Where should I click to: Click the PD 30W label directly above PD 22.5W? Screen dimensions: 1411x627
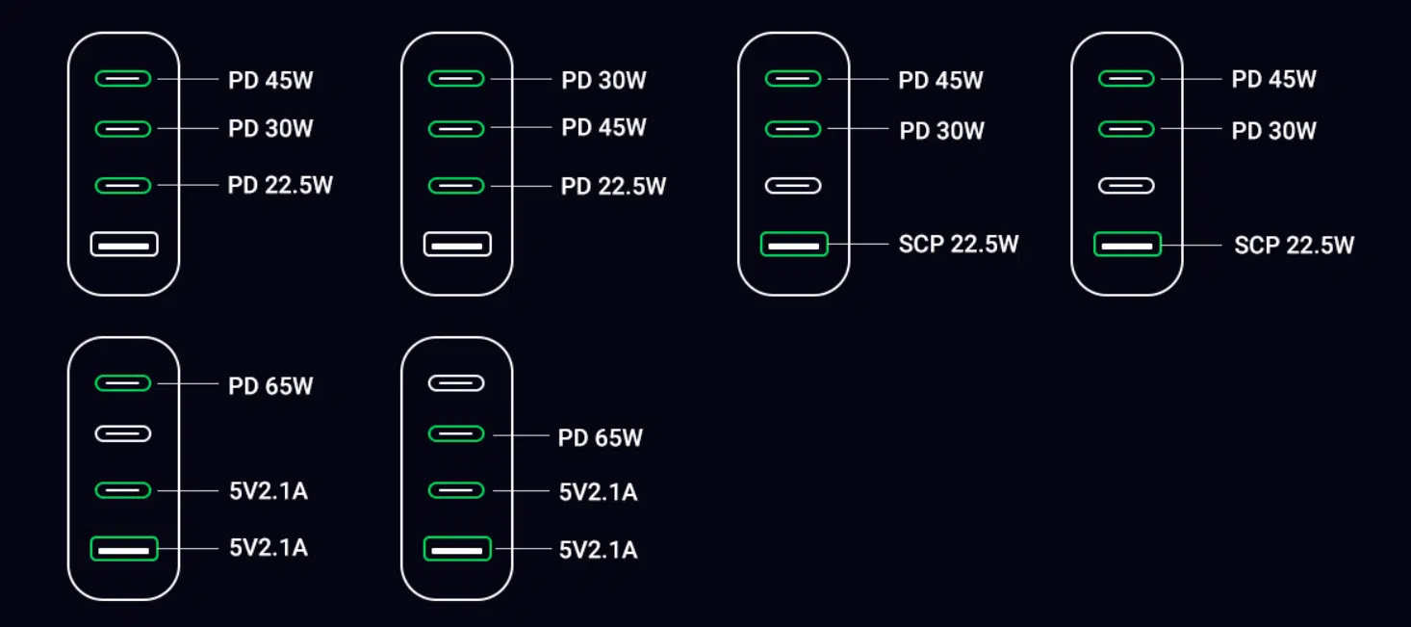[270, 128]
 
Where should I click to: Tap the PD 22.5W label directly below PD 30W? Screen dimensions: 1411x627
[280, 185]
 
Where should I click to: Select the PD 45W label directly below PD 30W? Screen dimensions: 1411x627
[603, 127]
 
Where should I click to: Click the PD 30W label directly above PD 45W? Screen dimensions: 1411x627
[603, 80]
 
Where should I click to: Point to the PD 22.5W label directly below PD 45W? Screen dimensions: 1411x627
[613, 187]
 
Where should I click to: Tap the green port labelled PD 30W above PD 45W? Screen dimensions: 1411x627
[456, 79]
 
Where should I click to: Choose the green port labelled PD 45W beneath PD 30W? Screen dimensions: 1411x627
[456, 129]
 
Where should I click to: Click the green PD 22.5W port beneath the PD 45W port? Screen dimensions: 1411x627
[456, 186]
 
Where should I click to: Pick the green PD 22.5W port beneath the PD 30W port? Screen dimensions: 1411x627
[123, 186]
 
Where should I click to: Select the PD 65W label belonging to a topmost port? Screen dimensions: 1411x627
[270, 386]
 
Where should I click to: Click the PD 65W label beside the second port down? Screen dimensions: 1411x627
[600, 438]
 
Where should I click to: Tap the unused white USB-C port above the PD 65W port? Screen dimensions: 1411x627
[456, 383]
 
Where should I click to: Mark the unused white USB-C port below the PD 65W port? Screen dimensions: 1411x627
[123, 433]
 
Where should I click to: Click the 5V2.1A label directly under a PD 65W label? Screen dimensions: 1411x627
[598, 492]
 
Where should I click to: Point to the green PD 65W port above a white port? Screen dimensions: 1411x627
[123, 383]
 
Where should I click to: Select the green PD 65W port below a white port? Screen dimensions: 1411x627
[456, 433]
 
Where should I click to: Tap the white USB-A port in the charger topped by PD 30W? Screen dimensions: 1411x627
[457, 245]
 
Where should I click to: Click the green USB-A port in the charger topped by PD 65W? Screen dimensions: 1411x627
[124, 549]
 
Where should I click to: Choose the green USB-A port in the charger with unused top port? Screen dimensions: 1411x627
[457, 549]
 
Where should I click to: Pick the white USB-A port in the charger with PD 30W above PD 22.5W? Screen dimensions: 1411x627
[124, 245]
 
